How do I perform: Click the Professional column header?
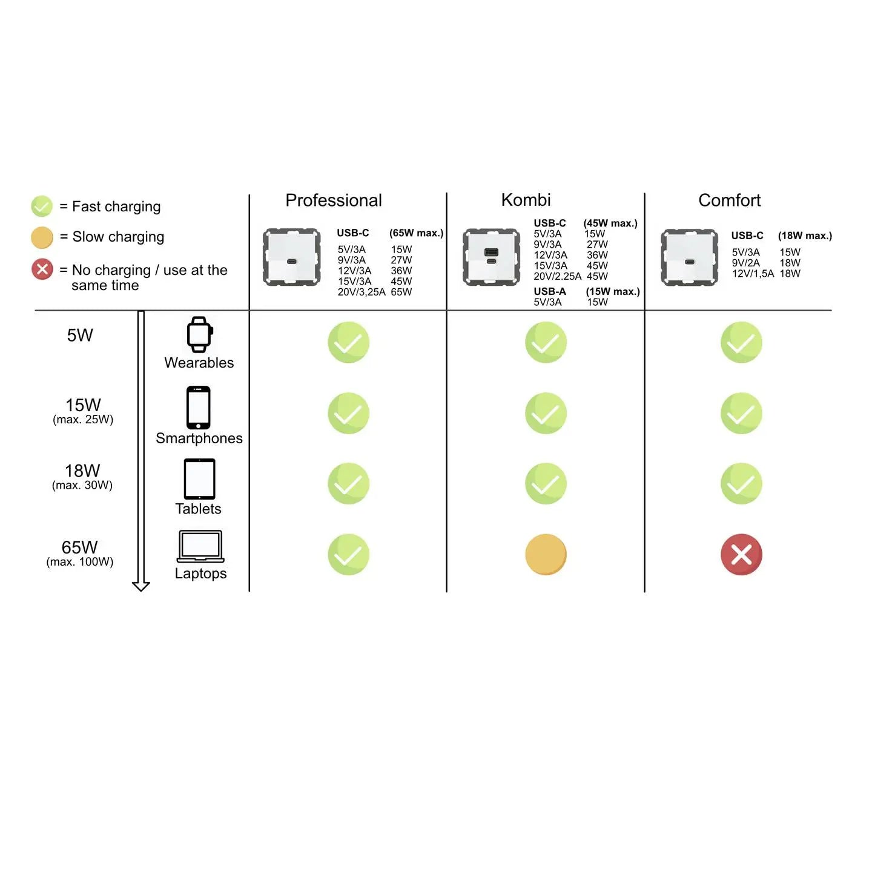coord(334,200)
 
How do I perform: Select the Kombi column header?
coord(526,200)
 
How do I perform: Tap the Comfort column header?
coord(729,200)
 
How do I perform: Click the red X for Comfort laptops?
coord(741,554)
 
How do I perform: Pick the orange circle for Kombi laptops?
coord(546,554)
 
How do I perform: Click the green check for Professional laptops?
coord(348,554)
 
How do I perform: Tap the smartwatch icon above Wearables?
coord(199,334)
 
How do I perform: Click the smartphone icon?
coord(199,408)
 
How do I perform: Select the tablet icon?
coord(199,479)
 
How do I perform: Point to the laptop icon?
coord(200,546)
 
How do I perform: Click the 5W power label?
coord(80,335)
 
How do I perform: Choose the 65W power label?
coord(79,547)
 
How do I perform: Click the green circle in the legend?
coord(42,206)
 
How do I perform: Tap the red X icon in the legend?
coord(42,269)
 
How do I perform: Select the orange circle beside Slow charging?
coord(42,237)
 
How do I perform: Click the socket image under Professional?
coord(292,257)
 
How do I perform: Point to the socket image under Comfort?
coord(689,257)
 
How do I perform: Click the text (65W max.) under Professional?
coord(416,233)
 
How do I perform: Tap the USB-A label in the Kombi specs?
coord(550,291)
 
